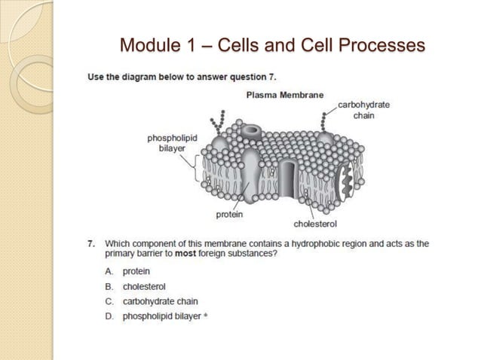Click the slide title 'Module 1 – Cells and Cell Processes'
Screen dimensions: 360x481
272,46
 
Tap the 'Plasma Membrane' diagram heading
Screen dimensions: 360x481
285,95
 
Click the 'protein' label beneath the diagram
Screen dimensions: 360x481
229,215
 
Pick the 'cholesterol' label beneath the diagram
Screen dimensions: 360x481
314,224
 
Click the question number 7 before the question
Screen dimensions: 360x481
90,244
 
